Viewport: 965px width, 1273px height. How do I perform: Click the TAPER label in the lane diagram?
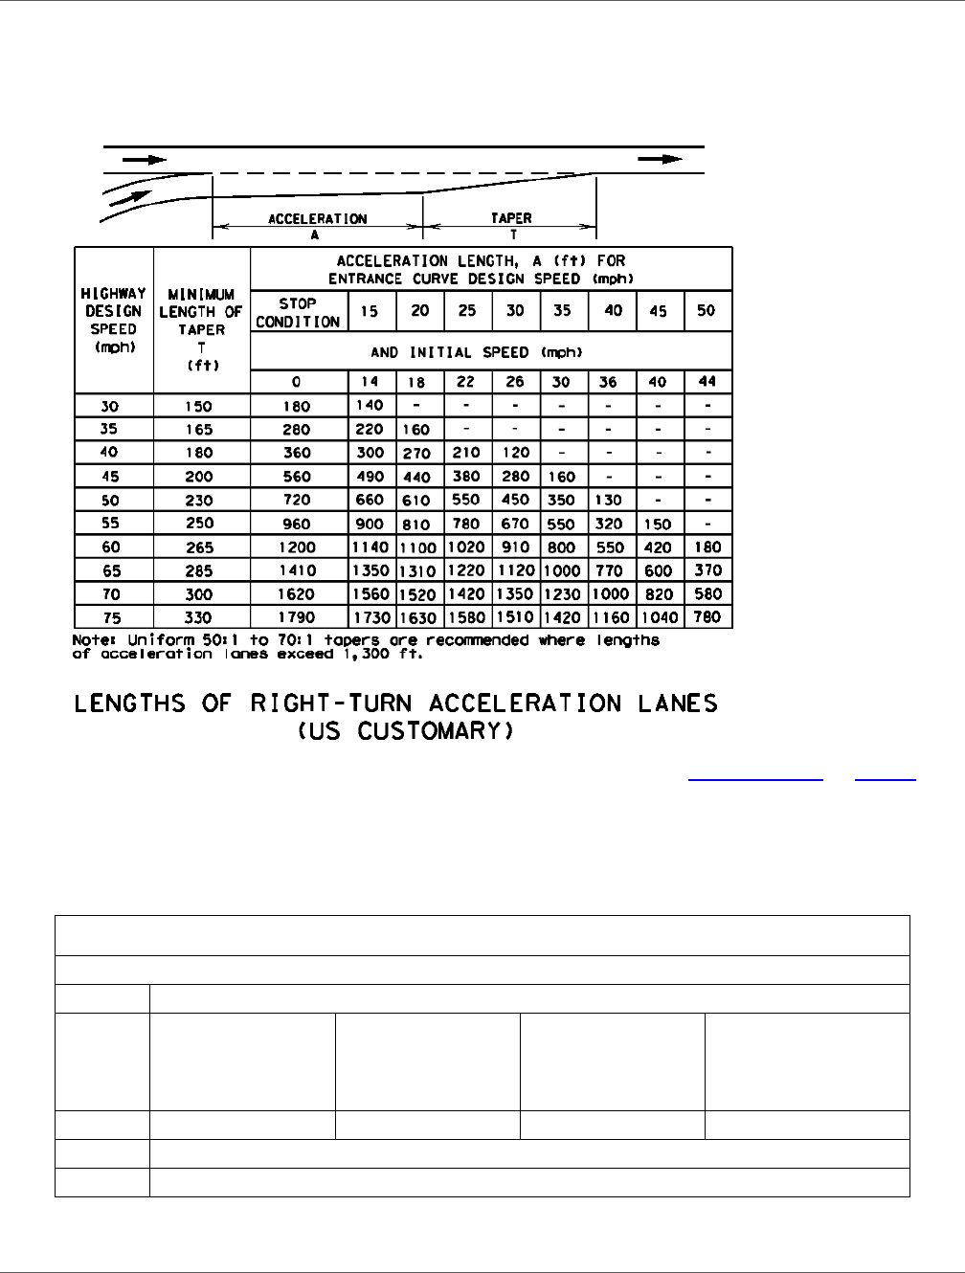tap(509, 218)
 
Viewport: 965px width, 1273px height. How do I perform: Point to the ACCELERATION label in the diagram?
tap(317, 218)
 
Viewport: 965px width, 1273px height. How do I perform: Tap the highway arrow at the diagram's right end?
tap(662, 160)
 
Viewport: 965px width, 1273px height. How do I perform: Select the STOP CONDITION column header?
tap(298, 313)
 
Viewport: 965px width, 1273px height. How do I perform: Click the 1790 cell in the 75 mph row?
tap(298, 617)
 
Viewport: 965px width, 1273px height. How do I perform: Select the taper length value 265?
tap(200, 547)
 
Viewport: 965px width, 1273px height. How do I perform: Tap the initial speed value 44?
tap(707, 382)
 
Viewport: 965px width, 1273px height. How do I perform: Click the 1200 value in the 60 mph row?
tap(298, 547)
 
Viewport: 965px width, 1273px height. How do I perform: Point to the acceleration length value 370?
tap(707, 570)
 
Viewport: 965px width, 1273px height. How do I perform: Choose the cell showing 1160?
tap(610, 617)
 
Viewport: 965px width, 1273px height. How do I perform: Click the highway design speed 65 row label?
tap(113, 570)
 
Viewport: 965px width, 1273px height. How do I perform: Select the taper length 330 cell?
tap(200, 617)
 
